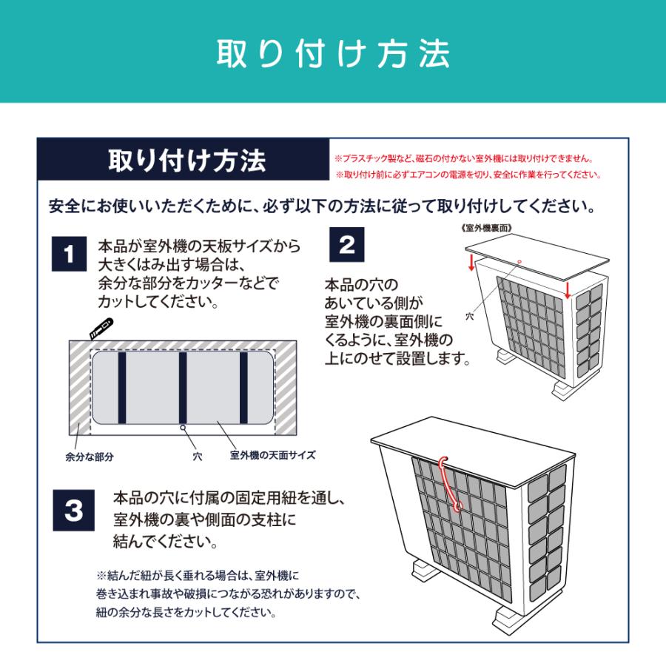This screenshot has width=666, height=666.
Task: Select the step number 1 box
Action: (70, 257)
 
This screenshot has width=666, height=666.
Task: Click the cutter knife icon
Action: (99, 328)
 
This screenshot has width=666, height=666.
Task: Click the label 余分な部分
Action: (89, 457)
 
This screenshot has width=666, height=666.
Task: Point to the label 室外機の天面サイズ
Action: (272, 455)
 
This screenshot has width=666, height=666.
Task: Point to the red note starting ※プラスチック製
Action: (464, 158)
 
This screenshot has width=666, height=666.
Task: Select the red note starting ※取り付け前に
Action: (467, 175)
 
